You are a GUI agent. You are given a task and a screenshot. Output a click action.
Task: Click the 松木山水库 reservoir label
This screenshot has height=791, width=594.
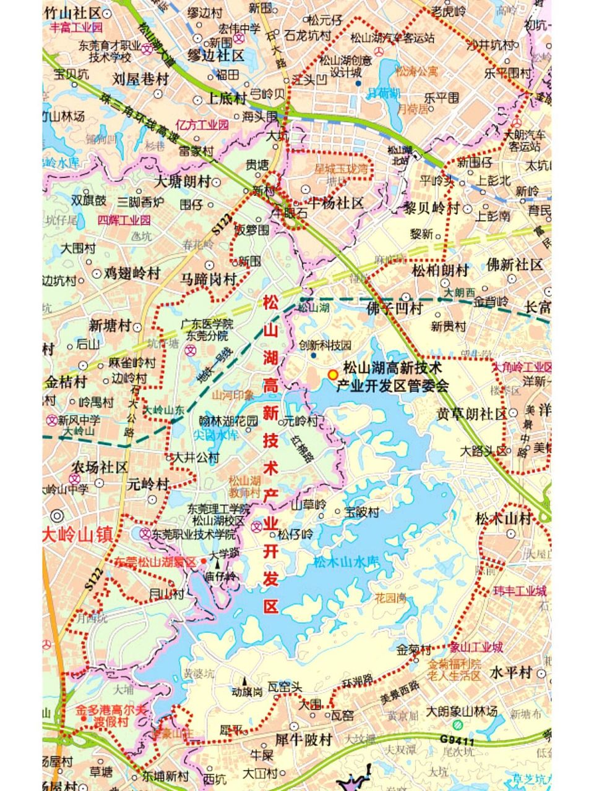[346, 562]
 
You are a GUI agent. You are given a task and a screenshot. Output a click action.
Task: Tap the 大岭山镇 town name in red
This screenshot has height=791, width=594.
[78, 535]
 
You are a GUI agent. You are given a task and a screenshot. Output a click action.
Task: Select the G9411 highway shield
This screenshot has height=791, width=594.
[457, 740]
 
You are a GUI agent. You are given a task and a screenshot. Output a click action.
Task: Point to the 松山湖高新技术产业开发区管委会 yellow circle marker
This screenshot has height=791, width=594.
[333, 374]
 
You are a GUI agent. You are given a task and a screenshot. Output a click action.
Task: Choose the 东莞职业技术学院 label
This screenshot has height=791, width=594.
[194, 534]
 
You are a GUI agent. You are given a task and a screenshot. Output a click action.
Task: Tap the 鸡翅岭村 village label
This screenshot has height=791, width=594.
[132, 273]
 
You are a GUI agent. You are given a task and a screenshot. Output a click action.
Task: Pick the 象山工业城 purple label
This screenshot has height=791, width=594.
[476, 648]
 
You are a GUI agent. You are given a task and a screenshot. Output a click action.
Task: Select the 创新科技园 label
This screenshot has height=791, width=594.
[325, 345]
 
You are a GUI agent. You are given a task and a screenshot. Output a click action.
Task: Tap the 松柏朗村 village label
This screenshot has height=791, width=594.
[441, 270]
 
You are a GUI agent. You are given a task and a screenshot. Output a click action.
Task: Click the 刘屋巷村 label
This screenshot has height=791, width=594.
[141, 78]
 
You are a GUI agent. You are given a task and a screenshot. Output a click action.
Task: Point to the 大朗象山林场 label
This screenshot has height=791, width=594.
[462, 712]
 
